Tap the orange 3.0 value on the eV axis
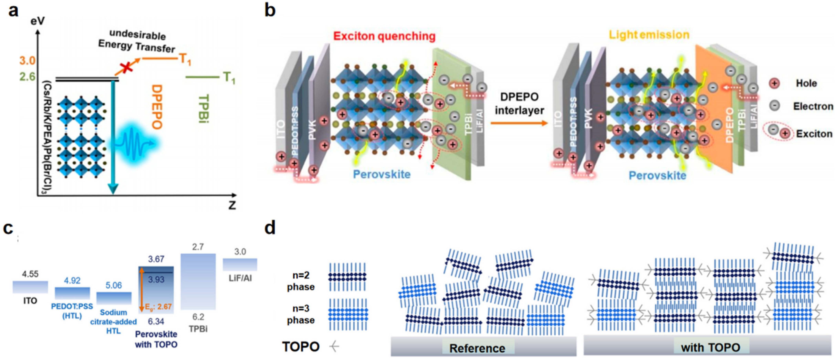pos(27,61)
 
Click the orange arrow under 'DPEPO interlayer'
pos(519,123)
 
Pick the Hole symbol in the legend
pos(774,83)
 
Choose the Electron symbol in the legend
pos(774,106)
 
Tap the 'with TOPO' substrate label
pos(711,347)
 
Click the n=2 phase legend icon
pos(348,277)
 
